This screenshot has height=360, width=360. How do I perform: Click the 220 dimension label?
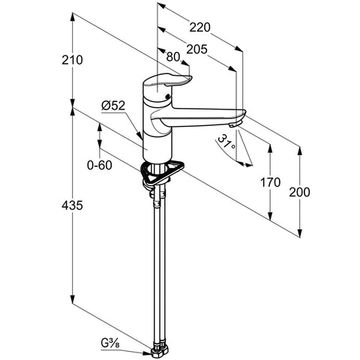pyautogui.click(x=199, y=27)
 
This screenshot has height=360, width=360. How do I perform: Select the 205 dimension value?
pyautogui.click(x=197, y=49)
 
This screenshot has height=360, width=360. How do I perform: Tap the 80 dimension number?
pyautogui.click(x=173, y=57)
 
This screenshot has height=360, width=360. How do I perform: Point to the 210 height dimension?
pyautogui.click(x=72, y=60)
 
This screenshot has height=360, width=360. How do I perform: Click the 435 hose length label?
pyautogui.click(x=72, y=205)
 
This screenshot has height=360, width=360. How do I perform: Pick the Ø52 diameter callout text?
pyautogui.click(x=113, y=106)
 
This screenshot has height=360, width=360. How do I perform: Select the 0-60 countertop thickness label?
pyautogui.click(x=100, y=165)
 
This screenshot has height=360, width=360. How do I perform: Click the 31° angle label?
pyautogui.click(x=227, y=143)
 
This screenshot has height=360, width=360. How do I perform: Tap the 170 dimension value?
pyautogui.click(x=270, y=182)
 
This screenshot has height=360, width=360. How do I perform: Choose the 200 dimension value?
pyautogui.click(x=299, y=192)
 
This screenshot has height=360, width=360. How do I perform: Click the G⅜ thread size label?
pyautogui.click(x=110, y=343)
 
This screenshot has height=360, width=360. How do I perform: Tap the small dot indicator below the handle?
pyautogui.click(x=167, y=96)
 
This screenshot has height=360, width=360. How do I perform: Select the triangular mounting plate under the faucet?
pyautogui.click(x=162, y=172)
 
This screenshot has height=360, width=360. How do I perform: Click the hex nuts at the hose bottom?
pyautogui.click(x=160, y=349)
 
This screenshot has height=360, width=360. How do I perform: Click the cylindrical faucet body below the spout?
pyautogui.click(x=157, y=148)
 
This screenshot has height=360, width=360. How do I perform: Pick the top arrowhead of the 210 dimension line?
pyautogui.click(x=72, y=16)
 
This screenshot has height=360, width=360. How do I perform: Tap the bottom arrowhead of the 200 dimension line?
pyautogui.click(x=300, y=233)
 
